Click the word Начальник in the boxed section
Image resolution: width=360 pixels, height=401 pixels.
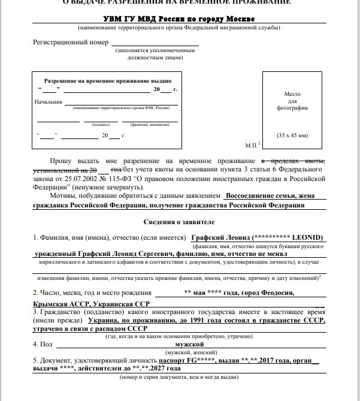[49, 102]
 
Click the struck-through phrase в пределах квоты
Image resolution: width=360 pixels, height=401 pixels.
[294, 162]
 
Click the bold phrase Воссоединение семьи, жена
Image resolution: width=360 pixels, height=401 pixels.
[273, 195]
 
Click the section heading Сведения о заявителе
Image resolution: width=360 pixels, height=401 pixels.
[179, 222]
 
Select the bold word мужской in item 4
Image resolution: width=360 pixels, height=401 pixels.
[190, 345]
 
